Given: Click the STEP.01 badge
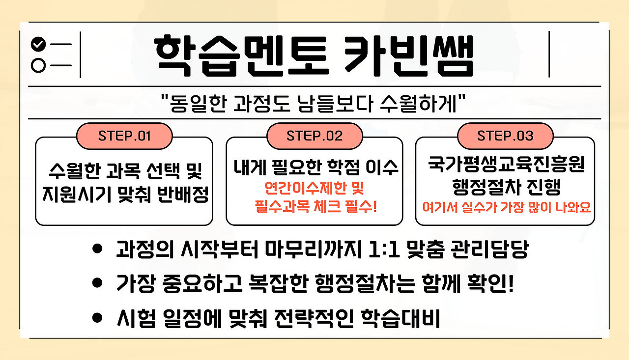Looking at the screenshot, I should [x=124, y=136].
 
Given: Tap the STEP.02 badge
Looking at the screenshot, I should [x=314, y=136].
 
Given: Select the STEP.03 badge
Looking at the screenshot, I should [x=505, y=136].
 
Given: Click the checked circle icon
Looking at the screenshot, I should [x=38, y=44].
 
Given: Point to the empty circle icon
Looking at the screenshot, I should [x=38, y=65].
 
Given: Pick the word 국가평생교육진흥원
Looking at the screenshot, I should [x=505, y=166].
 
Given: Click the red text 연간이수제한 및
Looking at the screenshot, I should [x=314, y=189].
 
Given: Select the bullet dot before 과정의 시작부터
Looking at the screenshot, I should [x=97, y=249].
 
